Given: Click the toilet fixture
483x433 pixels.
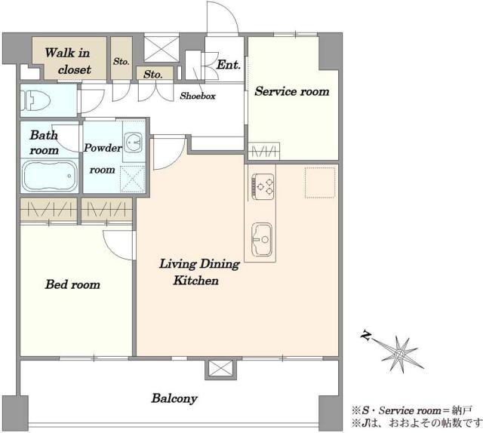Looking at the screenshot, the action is click(x=35, y=100).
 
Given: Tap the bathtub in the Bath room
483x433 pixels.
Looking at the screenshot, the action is click(x=50, y=176).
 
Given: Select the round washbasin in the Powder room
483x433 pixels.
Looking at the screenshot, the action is click(x=134, y=142).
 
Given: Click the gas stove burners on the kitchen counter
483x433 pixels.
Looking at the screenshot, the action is click(x=263, y=186).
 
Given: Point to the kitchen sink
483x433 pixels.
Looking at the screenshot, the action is click(x=262, y=239).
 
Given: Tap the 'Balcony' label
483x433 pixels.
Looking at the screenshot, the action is click(x=174, y=398).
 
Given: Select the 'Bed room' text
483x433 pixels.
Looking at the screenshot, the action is click(x=72, y=284).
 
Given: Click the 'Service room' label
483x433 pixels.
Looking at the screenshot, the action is click(x=292, y=91).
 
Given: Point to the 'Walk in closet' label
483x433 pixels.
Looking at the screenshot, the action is click(x=68, y=61).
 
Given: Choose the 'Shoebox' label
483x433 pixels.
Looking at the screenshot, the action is click(x=198, y=96).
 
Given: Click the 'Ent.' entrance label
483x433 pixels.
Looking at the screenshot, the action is click(x=228, y=65).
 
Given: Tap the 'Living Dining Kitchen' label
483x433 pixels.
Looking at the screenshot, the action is click(x=199, y=272).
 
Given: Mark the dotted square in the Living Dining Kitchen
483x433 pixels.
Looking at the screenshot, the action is click(x=320, y=183).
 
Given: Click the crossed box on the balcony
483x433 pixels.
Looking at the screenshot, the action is click(x=220, y=369).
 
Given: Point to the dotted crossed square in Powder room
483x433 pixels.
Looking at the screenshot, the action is click(x=133, y=180).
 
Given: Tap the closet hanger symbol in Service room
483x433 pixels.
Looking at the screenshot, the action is click(x=264, y=151).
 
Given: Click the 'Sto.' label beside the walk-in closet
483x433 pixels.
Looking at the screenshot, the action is click(x=121, y=61).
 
